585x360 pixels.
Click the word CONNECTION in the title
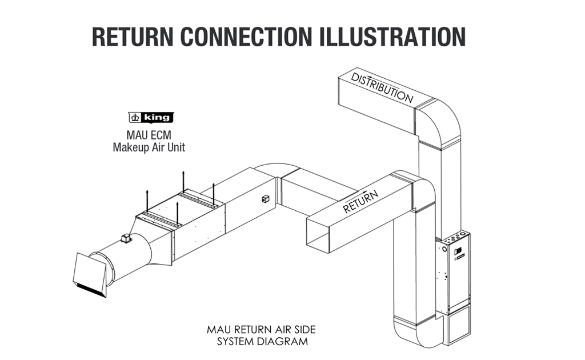coord(246,37)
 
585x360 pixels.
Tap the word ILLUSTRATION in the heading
coord(393,37)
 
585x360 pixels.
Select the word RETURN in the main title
coord(133,37)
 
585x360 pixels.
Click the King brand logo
coord(151,118)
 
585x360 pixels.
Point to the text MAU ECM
coord(149,135)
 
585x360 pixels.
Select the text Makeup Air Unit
coord(149,147)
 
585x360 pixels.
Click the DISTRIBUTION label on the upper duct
coord(382,88)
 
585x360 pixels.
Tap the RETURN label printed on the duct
coord(360,202)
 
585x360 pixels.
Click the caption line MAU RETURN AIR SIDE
coord(261,330)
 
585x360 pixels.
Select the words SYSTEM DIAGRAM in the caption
coord(263,342)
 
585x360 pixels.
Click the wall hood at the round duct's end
coord(91,275)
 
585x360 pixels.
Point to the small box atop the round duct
coord(126,238)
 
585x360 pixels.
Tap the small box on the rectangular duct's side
coord(265,199)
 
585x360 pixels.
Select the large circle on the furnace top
coord(463,234)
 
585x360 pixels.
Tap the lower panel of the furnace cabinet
coord(459,326)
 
